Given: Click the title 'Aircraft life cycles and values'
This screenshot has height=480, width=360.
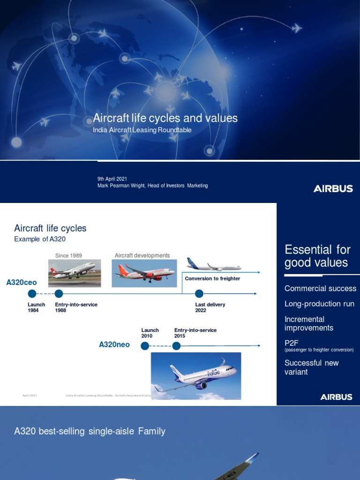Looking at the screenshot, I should [165, 118].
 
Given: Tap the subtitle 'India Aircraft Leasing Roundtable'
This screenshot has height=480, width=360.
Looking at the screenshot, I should [142, 130].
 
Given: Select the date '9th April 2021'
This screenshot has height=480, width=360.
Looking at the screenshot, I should [112, 179].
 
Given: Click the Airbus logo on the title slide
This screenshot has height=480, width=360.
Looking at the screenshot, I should [333, 189].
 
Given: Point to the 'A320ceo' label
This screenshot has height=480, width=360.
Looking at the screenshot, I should [21, 283].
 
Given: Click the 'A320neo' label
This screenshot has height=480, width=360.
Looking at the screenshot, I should [114, 345].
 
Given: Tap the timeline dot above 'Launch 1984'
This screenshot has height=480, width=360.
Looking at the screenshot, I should [32, 294].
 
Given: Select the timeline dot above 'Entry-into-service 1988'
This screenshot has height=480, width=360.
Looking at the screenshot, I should [59, 294].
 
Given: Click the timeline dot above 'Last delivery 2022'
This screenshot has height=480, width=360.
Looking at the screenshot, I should [199, 294].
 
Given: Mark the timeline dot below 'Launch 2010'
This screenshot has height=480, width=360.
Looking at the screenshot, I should [145, 346].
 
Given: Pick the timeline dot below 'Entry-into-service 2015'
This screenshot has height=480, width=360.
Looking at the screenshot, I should [176, 346].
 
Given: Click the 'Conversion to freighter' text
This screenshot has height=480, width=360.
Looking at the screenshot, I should [212, 278].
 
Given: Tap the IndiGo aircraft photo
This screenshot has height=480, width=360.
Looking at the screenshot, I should [195, 376].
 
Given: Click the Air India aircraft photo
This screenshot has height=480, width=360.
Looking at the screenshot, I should [143, 273].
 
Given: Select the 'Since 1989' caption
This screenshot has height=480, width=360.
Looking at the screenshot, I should [68, 255].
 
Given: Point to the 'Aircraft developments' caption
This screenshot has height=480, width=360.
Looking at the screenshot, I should [142, 255].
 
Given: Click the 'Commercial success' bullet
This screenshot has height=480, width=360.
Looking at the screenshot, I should [320, 289].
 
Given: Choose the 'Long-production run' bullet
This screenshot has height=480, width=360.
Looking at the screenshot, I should [319, 304].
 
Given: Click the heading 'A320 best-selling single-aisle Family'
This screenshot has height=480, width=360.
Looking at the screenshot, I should [90, 431].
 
